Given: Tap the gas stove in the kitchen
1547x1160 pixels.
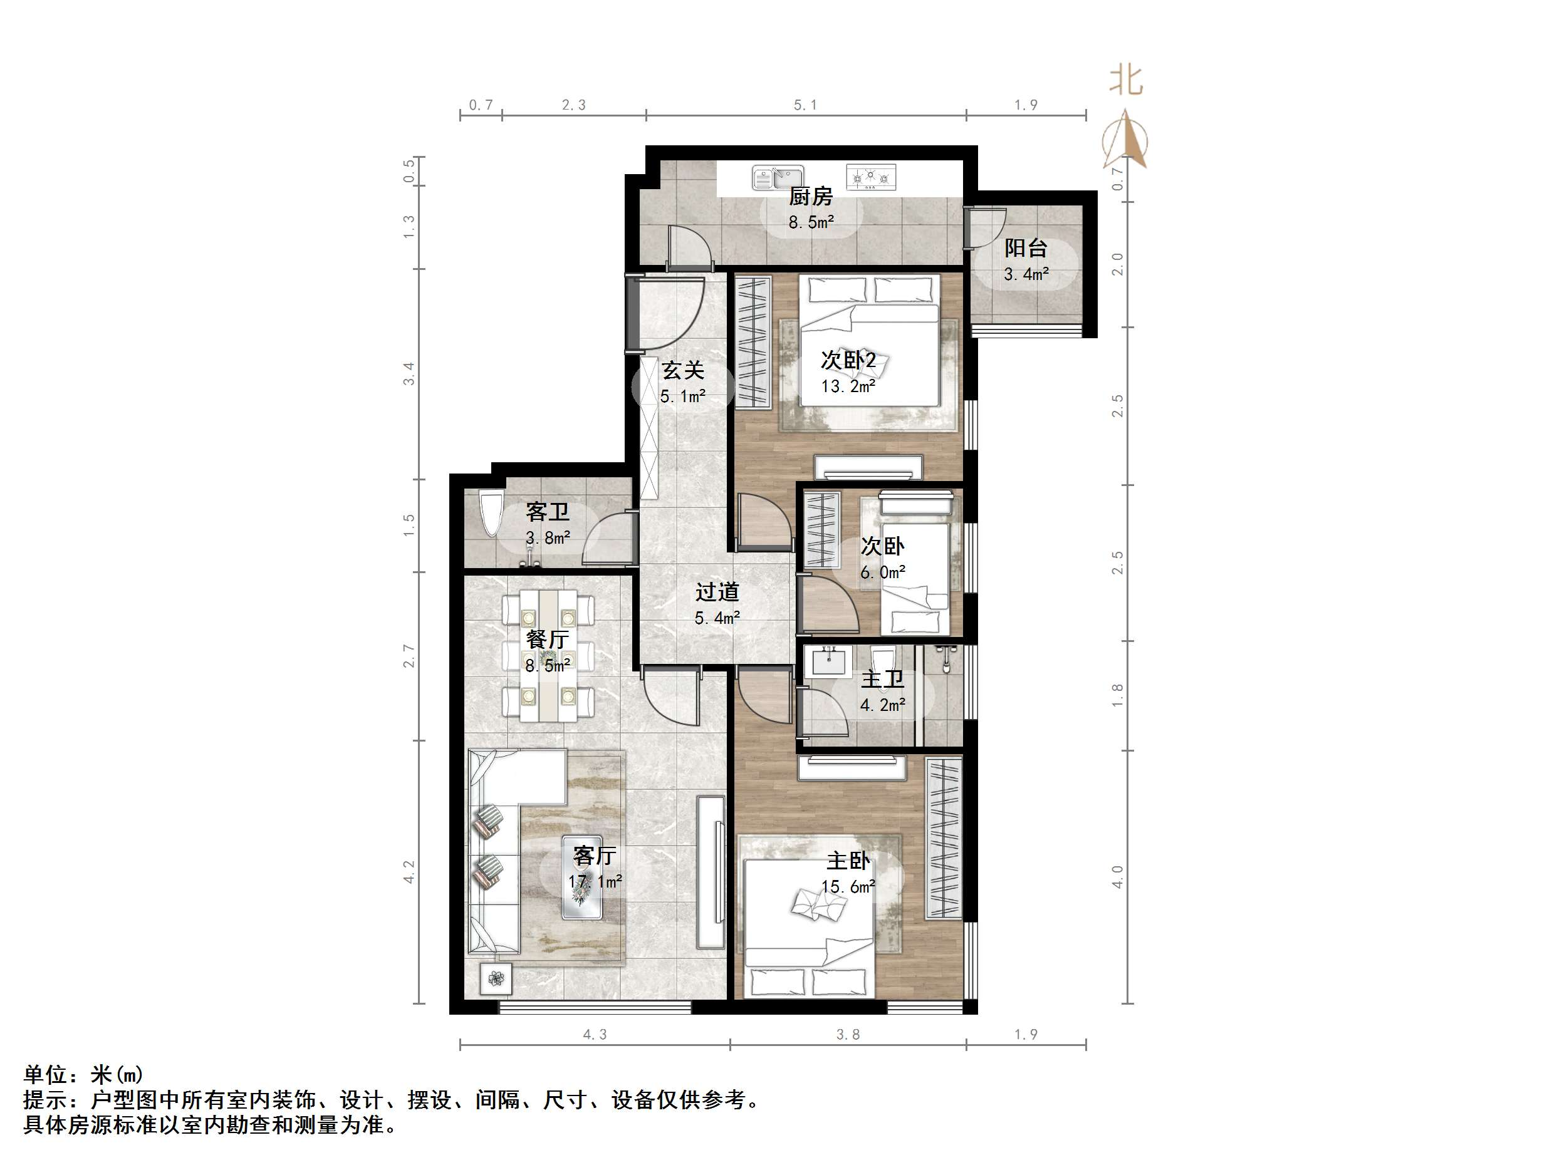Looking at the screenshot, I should coord(871,178).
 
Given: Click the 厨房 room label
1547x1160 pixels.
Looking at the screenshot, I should coord(811,197).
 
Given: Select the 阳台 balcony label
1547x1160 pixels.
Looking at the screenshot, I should coord(1025,247).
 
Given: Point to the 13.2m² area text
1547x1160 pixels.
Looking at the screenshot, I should coord(848,386).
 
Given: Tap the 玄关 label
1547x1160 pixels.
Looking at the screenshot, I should coord(682,370).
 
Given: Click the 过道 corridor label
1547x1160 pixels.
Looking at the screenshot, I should coord(717,593).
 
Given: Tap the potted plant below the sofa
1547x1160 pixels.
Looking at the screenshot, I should coord(496,979).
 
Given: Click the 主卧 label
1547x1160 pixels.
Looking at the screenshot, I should coord(848,861).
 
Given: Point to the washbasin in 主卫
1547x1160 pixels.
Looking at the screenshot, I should coord(830,660).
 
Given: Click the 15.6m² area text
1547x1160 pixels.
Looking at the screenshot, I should coord(848,888).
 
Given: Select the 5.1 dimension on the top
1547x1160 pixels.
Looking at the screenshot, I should coord(805,105).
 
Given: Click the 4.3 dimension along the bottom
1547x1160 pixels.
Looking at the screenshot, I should coord(595,1034).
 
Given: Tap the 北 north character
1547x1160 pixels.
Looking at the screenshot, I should coord(1126,81).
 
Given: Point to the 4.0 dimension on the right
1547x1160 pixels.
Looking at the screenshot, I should coord(1118,877).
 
